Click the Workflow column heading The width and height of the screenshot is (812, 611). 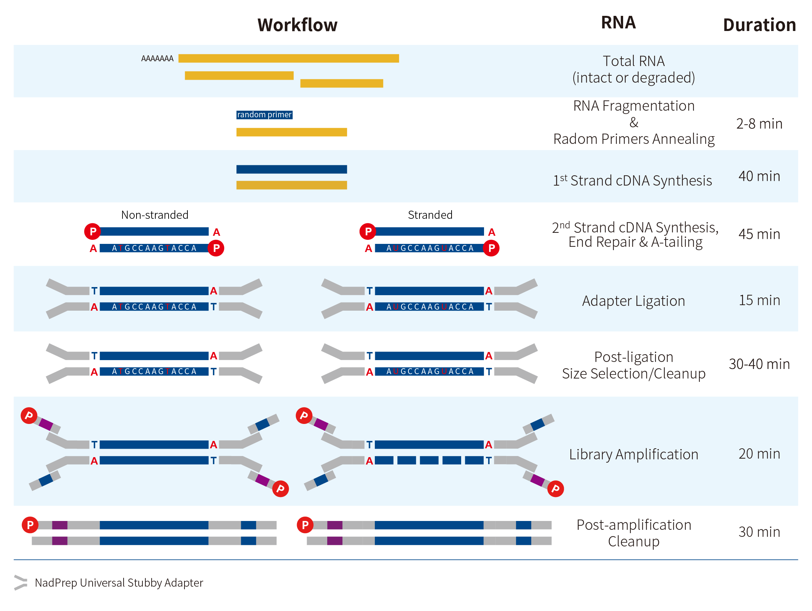pyautogui.click(x=297, y=25)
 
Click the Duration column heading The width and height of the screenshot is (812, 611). pyautogui.click(x=759, y=25)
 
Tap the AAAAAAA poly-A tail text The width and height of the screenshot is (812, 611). pyautogui.click(x=157, y=59)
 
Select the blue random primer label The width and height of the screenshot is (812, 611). pyautogui.click(x=264, y=115)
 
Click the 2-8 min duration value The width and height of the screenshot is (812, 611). pyautogui.click(x=759, y=124)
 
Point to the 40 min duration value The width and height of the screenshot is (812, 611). pyautogui.click(x=759, y=176)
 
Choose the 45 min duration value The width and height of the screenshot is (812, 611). pyautogui.click(x=759, y=234)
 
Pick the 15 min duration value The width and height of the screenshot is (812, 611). pyautogui.click(x=759, y=300)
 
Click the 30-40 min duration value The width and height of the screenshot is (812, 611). pyautogui.click(x=759, y=364)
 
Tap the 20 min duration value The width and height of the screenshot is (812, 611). pyautogui.click(x=759, y=454)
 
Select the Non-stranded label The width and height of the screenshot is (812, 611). pyautogui.click(x=155, y=215)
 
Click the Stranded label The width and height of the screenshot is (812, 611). pyautogui.click(x=430, y=215)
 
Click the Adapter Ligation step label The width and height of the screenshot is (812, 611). pyautogui.click(x=633, y=301)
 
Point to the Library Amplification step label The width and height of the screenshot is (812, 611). pyautogui.click(x=633, y=455)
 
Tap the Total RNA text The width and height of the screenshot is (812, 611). pyautogui.click(x=633, y=61)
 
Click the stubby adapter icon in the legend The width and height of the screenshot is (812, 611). pyautogui.click(x=21, y=583)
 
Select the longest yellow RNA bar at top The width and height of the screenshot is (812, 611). pyautogui.click(x=288, y=58)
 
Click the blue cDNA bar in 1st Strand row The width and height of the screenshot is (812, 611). pyautogui.click(x=291, y=169)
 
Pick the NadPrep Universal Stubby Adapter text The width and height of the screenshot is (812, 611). pyautogui.click(x=119, y=583)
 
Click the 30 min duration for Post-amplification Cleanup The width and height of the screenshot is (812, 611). pyautogui.click(x=759, y=532)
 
